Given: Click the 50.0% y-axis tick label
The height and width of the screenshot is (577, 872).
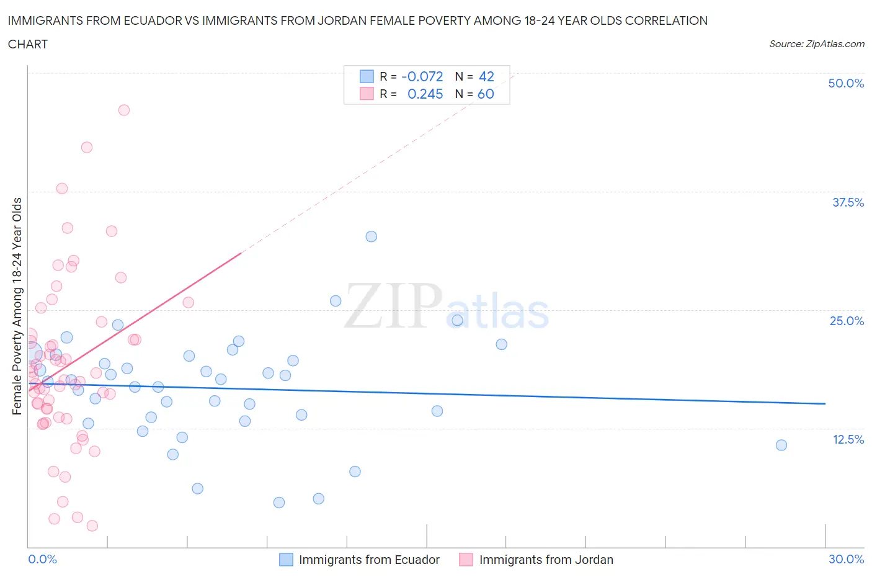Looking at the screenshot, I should tap(845, 83).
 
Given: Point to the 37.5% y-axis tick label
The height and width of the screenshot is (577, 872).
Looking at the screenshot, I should tap(847, 202).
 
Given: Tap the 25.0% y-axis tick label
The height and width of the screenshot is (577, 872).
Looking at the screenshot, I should tap(846, 321).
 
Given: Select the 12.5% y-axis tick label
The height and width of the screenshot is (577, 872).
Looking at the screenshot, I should tap(847, 439).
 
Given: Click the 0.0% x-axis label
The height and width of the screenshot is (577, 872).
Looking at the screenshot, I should tap(42, 559).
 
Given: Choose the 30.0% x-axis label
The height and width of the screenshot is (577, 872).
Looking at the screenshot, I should tap(846, 559).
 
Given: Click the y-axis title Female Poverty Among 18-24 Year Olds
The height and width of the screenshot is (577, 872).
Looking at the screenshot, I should tap(17, 306).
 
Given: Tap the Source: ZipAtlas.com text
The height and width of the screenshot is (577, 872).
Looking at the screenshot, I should tap(816, 44).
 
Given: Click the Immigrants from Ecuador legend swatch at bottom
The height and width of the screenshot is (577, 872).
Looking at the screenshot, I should tap(286, 560).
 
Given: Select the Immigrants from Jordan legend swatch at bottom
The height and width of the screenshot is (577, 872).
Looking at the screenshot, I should tap(466, 560).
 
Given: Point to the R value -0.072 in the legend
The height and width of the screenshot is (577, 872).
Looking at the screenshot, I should tap(422, 76).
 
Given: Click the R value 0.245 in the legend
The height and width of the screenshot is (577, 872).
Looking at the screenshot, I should tap(425, 94).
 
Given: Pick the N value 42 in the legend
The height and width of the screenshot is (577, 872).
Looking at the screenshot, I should tap(486, 76).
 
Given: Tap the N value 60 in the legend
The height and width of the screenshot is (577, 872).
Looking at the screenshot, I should tap(486, 94).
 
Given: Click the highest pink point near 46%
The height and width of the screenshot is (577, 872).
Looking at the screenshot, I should tap(124, 110).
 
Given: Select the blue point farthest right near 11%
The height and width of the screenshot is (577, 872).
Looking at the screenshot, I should tap(781, 445).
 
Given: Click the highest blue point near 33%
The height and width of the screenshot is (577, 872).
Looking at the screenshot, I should tap(371, 236).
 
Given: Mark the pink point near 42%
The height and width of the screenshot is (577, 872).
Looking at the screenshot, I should tap(87, 147).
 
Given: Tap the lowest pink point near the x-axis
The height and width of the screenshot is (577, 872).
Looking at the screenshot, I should tap(92, 526).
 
